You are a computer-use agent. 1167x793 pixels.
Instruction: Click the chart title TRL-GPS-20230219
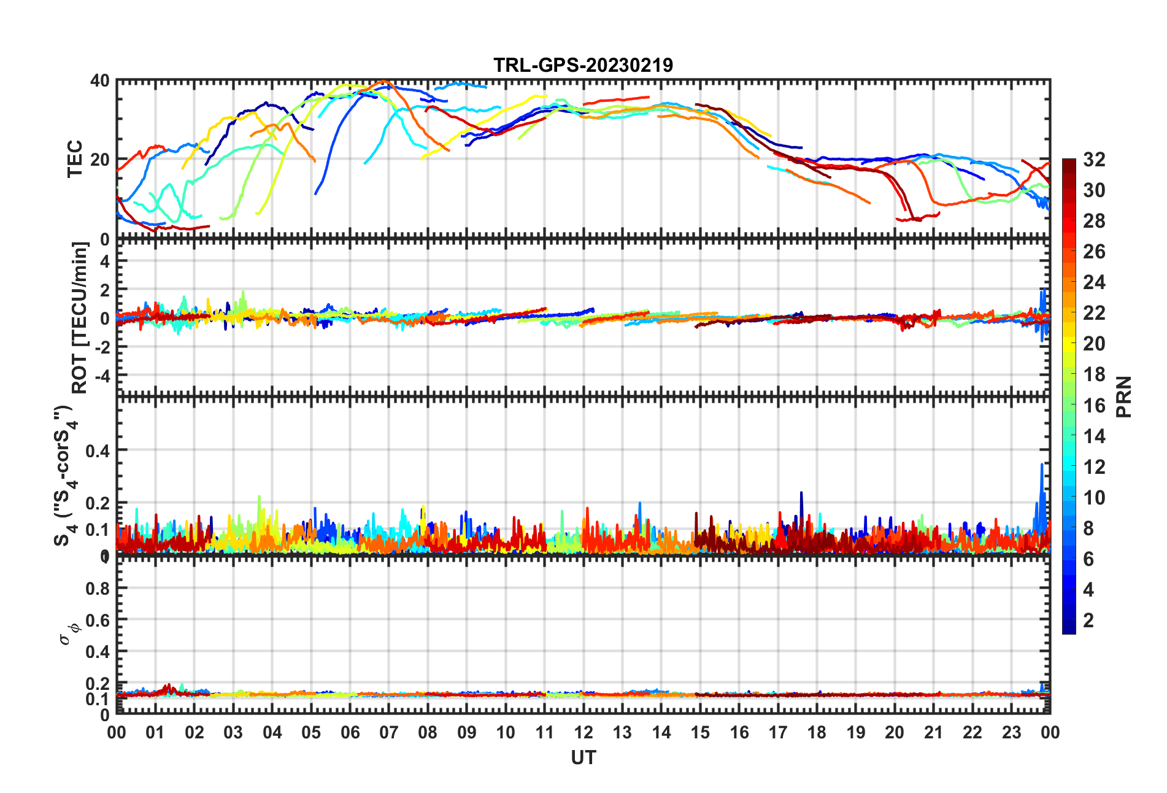point(583,65)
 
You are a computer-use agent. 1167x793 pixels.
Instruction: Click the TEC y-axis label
point(75,159)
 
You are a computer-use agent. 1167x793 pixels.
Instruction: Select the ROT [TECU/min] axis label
point(80,317)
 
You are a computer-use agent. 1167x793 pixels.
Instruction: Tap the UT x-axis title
point(583,759)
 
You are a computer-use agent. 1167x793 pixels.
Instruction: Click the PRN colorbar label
point(1124,396)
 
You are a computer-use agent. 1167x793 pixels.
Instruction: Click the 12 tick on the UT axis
point(583,733)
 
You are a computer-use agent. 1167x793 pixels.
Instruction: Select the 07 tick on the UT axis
point(388,733)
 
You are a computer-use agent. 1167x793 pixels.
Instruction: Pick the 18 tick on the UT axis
point(817,733)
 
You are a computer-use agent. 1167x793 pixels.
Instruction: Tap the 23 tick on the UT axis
point(1011,733)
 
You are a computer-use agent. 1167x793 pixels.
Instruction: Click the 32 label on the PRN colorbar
point(1094,160)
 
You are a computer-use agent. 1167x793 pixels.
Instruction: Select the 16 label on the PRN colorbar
point(1094,405)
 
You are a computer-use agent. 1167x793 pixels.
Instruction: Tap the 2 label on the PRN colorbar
point(1088,620)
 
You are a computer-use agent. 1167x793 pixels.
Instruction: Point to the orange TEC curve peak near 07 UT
point(385,81)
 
